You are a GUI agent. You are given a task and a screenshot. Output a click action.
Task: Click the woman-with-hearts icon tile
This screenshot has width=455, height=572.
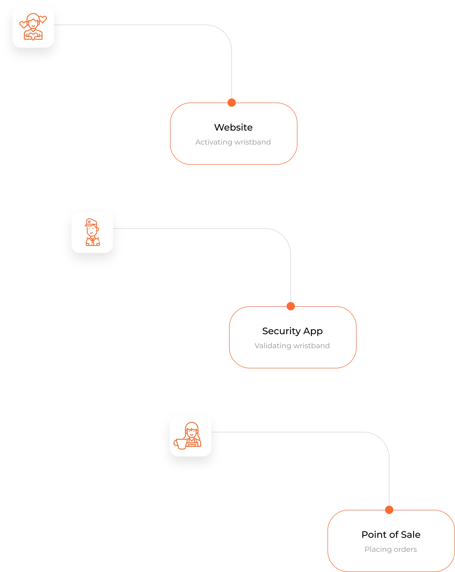33,27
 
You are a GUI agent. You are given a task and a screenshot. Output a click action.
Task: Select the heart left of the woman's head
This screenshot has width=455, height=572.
23,25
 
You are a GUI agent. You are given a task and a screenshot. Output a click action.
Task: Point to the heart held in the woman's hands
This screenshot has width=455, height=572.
33,37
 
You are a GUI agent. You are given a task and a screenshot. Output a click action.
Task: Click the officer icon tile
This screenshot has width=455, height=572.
92,232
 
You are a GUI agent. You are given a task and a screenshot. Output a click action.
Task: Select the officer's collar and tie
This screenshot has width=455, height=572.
92,240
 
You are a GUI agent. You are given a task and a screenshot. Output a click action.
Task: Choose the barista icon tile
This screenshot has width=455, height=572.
190,436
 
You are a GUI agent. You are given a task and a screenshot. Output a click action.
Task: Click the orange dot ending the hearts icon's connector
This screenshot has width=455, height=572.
232,102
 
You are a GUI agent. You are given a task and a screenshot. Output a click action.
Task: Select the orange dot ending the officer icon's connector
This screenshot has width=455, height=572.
291,306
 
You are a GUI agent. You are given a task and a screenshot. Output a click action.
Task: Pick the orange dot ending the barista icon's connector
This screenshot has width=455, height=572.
389,510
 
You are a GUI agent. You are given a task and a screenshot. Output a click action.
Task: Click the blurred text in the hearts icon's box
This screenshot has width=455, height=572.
233,142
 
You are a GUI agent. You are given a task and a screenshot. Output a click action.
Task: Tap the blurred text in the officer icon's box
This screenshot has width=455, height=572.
292,346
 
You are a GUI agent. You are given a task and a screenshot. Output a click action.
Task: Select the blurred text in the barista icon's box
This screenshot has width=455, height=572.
391,549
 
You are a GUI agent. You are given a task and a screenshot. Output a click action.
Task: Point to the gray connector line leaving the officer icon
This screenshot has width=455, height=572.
199,229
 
